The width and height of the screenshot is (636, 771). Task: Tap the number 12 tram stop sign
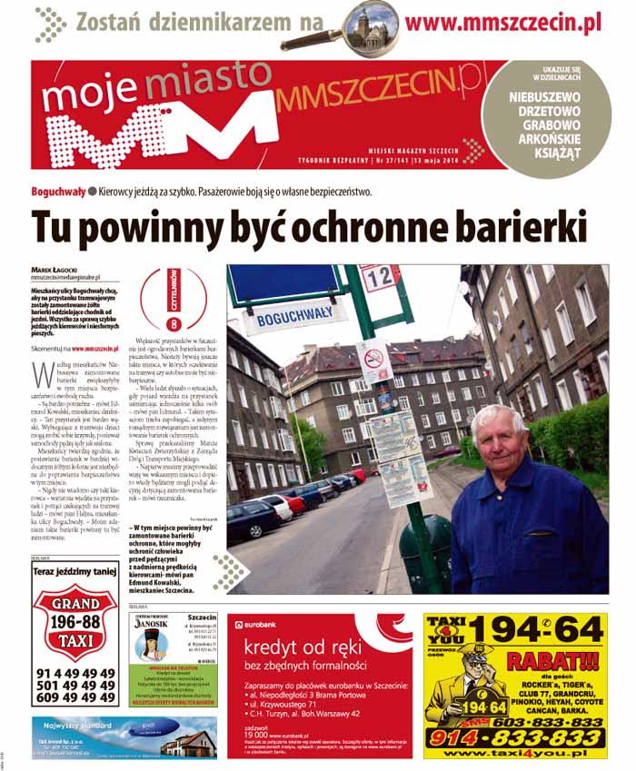380,277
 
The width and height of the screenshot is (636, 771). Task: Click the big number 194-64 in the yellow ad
544,629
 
